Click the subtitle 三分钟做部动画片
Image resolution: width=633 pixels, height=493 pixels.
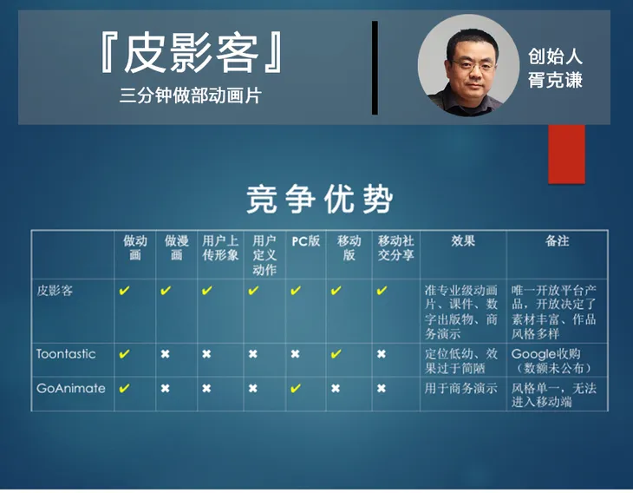point(191,95)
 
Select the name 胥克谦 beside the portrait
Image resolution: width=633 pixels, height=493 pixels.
point(555,80)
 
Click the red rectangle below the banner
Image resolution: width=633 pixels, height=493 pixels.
point(566,154)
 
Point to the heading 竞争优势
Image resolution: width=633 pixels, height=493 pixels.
point(319,199)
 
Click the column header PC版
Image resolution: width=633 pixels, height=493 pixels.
point(305,241)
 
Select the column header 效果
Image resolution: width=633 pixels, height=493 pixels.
point(463,241)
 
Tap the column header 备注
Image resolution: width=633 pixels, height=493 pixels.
point(557,241)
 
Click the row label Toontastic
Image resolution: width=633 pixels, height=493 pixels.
point(66,354)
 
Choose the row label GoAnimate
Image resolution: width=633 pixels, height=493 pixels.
point(70,388)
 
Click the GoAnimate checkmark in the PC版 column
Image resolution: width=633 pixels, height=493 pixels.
point(296,388)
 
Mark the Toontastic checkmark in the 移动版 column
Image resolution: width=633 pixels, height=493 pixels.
point(336,354)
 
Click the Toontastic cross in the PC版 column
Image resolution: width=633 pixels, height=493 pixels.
point(296,354)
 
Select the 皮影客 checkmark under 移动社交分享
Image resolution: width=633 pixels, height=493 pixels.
point(382,291)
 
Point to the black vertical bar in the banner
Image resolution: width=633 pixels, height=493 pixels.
point(375,68)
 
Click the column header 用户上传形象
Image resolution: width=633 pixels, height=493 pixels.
point(220,248)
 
